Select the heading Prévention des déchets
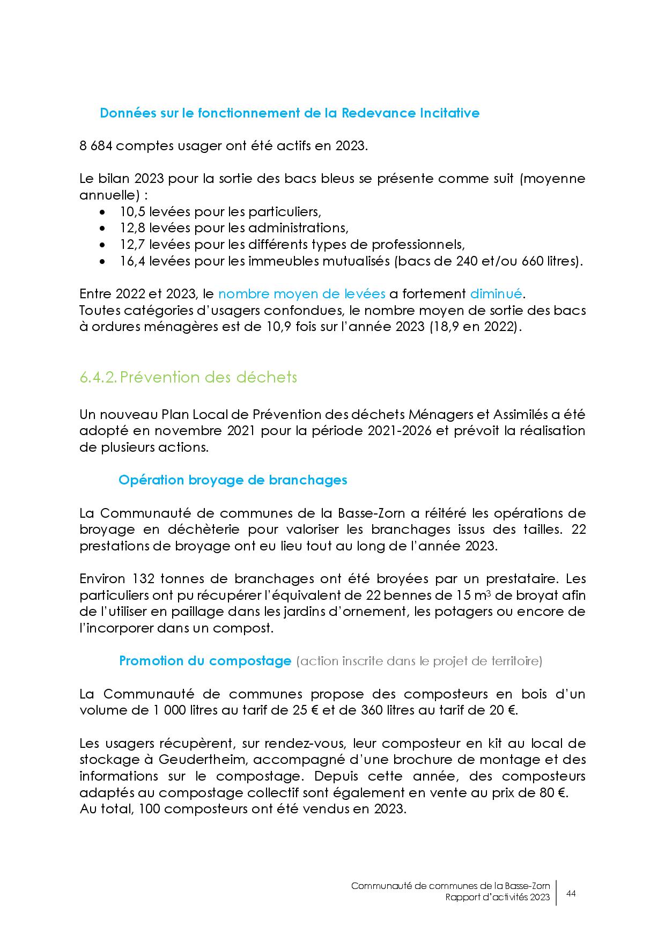pos(209,377)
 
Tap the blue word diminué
pos(496,293)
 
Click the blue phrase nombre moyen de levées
pos(302,293)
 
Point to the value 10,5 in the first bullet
pos(132,211)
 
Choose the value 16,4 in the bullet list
pos(132,261)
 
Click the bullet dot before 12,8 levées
pos(104,228)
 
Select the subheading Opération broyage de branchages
pos(233,480)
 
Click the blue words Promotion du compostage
pos(205,660)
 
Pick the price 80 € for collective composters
pos(553,792)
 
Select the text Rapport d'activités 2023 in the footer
pos(497,898)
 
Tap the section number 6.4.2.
pos(98,377)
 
